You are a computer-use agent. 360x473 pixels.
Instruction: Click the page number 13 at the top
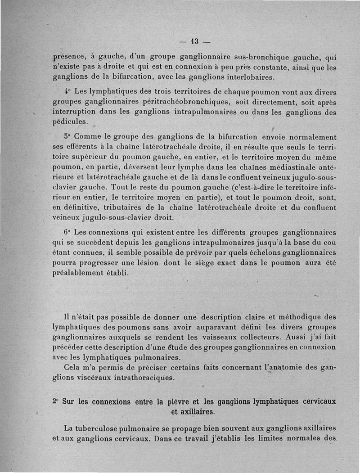(x=195, y=42)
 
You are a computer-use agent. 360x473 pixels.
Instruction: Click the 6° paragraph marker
(x=67, y=233)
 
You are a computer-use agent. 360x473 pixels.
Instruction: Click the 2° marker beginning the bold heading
(x=55, y=401)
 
